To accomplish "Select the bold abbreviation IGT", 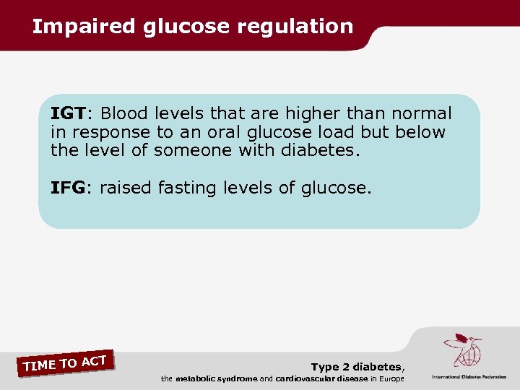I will point(68,113).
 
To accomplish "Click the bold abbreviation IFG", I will point(68,188).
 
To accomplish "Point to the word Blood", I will point(124,113).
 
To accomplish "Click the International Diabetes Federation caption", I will point(469,377).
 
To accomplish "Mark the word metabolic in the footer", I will point(196,379).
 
